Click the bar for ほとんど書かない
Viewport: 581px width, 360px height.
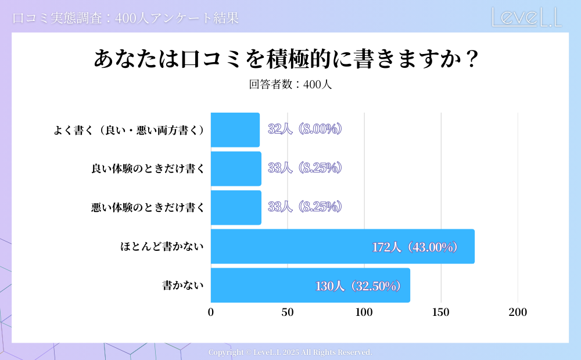pos(342,247)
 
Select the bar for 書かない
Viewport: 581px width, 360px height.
pos(310,285)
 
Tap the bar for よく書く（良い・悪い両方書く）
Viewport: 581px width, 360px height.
pos(235,130)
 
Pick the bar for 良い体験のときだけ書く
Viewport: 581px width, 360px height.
pos(236,168)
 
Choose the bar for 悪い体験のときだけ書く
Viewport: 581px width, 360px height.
pos(236,207)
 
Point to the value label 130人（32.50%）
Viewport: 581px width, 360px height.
pos(358,286)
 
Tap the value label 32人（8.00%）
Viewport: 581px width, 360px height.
pos(304,129)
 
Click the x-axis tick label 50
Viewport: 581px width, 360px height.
pos(288,312)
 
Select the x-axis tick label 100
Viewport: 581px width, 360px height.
pos(364,312)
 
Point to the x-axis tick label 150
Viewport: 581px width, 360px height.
pos(441,312)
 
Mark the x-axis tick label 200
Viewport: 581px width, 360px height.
pos(518,312)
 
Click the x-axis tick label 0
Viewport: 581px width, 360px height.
pos(211,312)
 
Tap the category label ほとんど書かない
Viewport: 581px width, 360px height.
pos(162,247)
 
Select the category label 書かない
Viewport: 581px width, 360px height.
pos(183,285)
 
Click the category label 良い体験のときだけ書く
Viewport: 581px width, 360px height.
pos(148,169)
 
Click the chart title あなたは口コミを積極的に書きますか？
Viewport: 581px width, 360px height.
pos(285,59)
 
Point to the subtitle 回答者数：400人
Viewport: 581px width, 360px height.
pos(290,84)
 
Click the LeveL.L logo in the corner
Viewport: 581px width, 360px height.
pos(526,17)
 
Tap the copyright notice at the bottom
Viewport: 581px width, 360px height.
pos(290,352)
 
